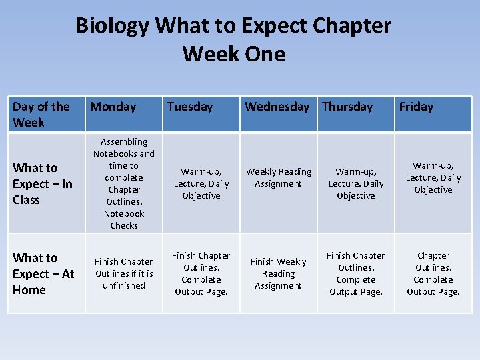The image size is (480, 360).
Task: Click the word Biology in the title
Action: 113,26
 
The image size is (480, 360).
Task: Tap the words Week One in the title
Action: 233,53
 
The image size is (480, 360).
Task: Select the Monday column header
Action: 113,107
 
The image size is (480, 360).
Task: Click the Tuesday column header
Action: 190,107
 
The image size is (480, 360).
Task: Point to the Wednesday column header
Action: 277,107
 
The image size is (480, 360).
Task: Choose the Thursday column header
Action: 347,107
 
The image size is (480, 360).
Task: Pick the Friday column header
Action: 416,107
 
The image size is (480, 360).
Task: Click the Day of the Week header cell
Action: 41,114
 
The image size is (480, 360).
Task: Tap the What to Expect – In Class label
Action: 43,183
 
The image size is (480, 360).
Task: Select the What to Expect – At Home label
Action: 43,273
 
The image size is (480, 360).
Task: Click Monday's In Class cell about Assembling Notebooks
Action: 124,183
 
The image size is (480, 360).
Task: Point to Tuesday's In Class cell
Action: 201,183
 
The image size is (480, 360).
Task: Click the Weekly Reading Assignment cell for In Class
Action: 279,177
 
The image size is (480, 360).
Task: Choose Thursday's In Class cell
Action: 356,183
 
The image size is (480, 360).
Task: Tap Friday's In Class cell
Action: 433,177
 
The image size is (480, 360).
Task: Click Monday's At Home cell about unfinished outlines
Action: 124,273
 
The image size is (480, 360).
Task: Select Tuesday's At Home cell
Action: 201,273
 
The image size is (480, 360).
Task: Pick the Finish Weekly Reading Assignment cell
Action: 279,273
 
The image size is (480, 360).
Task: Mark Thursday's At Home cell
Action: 356,273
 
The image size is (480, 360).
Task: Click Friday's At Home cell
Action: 433,273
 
